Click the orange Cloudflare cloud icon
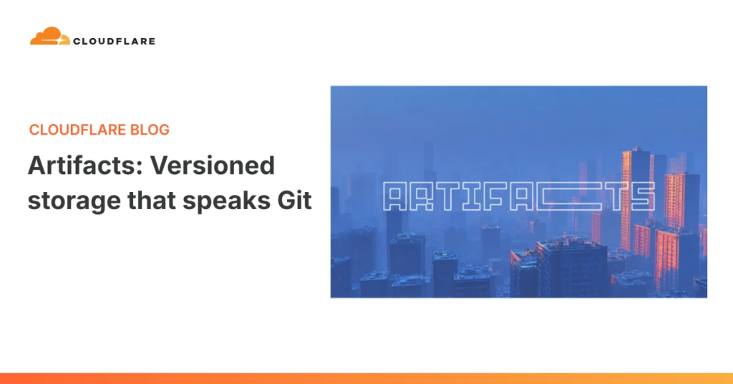tap(49, 37)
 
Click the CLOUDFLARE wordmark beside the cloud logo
tap(113, 41)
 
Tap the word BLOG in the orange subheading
tap(150, 130)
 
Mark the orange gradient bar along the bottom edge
tap(366, 378)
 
